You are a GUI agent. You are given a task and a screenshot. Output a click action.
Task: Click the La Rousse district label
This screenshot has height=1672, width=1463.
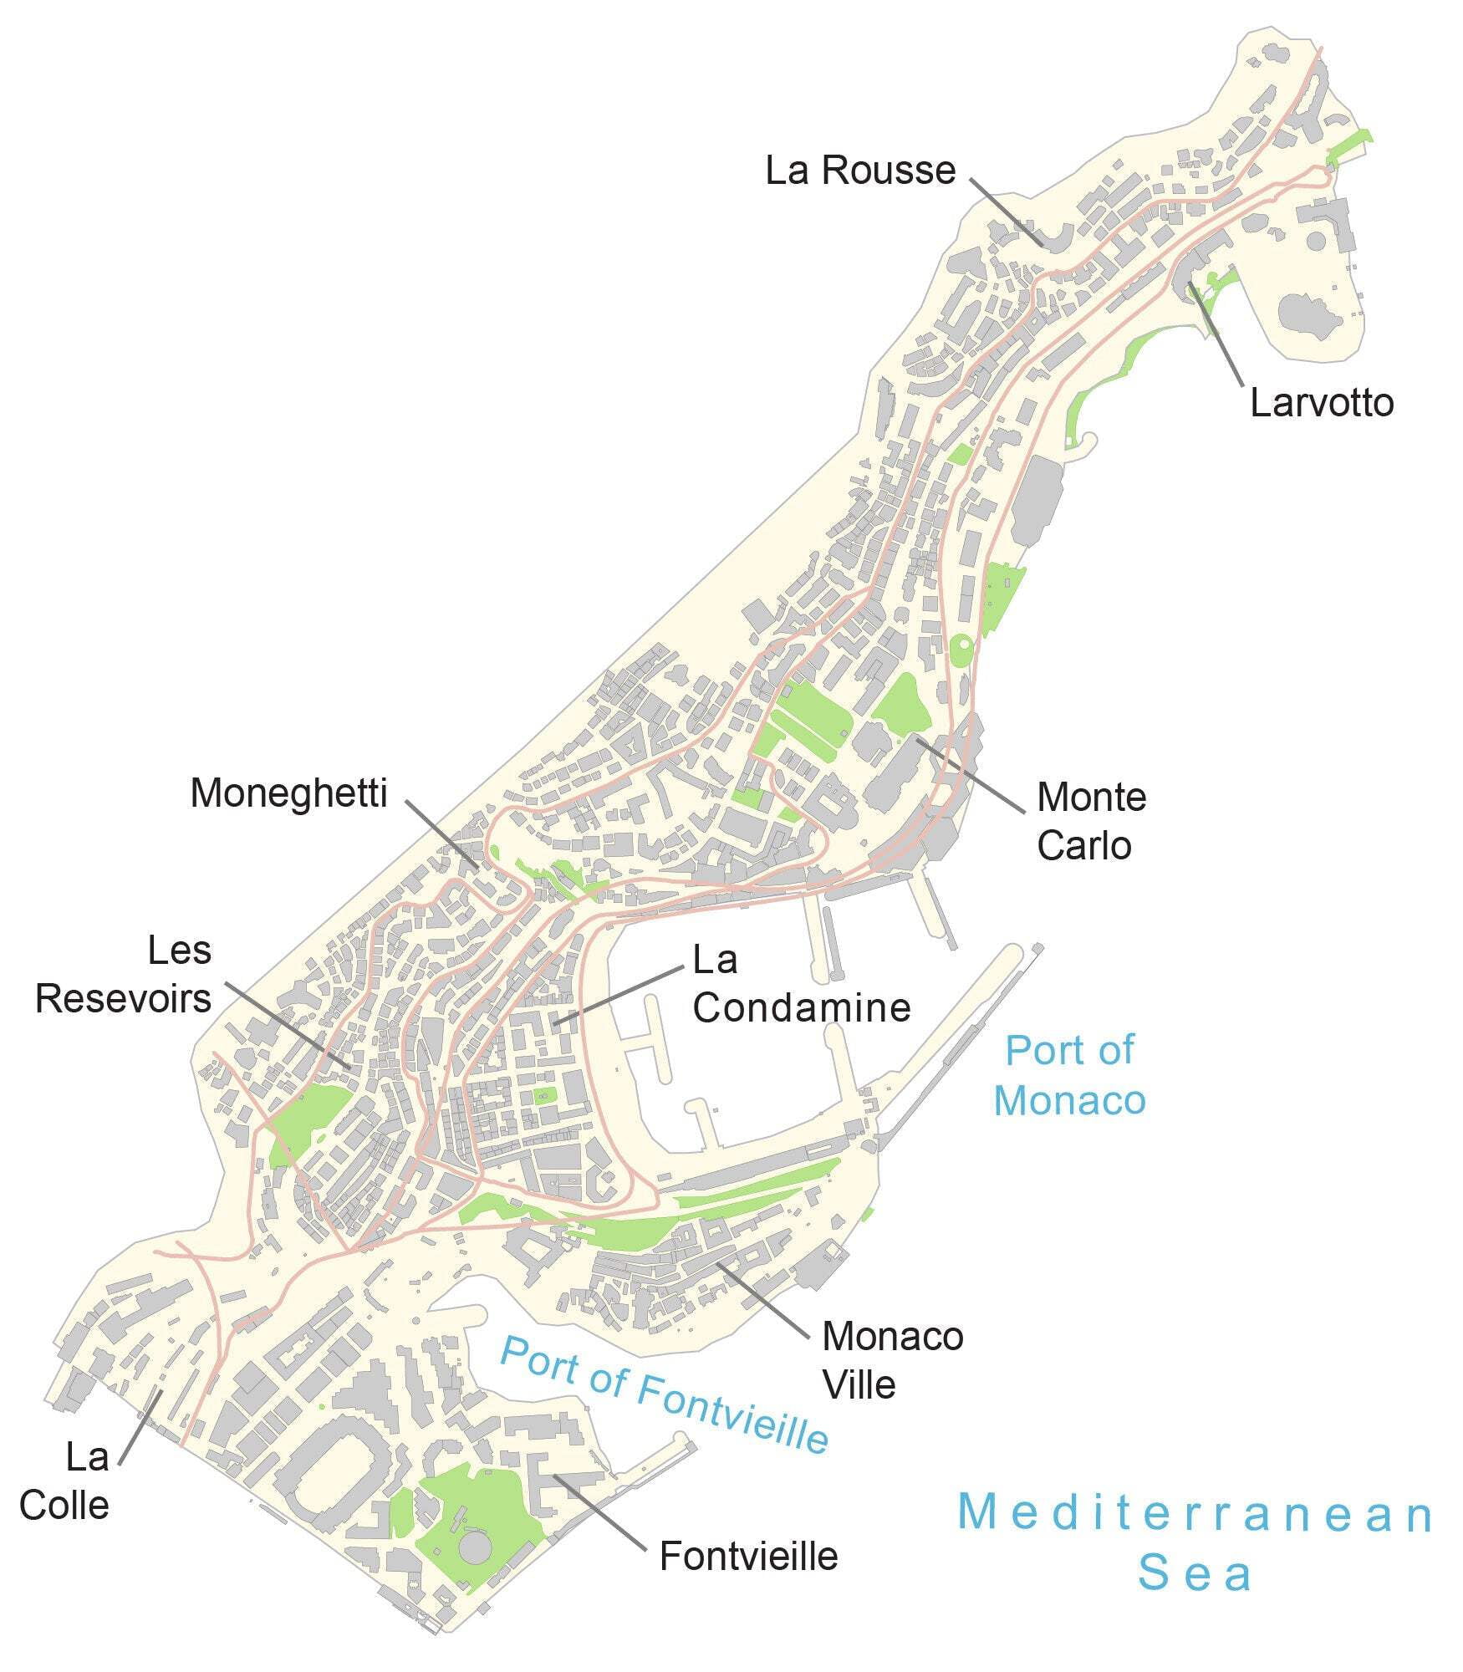click(x=860, y=171)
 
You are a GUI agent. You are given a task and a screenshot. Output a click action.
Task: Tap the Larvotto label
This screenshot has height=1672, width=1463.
click(x=1321, y=403)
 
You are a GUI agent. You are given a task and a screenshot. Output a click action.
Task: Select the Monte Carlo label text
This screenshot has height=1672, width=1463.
click(x=1090, y=821)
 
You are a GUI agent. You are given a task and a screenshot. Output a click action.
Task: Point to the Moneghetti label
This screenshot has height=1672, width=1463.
click(x=288, y=793)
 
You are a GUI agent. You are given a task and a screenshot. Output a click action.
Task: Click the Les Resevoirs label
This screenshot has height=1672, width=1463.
click(x=124, y=974)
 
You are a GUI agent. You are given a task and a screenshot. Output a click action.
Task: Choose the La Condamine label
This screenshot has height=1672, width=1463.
click(x=800, y=984)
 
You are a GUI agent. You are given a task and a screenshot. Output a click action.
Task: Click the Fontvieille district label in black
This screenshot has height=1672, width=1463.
click(x=748, y=1557)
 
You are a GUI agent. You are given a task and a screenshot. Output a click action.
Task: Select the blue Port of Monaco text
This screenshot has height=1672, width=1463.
click(x=1069, y=1075)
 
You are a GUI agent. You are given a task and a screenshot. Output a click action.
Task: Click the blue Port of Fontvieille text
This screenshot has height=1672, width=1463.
click(x=665, y=1394)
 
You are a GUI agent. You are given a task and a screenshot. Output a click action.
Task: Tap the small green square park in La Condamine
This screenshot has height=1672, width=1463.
click(x=545, y=1094)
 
